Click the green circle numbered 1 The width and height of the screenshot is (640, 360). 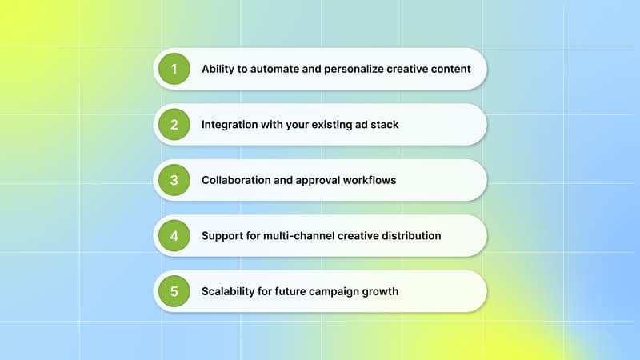(174, 69)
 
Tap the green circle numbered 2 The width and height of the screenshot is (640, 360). (174, 125)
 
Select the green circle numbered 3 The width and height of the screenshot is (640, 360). (174, 180)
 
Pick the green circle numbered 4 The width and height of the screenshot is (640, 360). (174, 236)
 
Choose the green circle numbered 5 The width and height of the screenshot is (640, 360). (174, 291)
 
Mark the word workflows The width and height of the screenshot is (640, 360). (369, 180)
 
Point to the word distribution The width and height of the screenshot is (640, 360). (412, 236)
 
